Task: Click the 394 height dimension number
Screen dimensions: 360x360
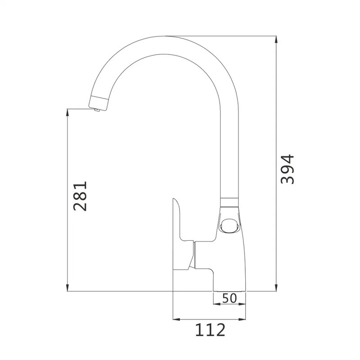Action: (288, 170)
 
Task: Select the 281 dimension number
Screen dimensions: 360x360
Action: (80, 196)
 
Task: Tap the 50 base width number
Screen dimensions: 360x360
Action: (229, 298)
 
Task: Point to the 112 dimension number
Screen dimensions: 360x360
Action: (210, 330)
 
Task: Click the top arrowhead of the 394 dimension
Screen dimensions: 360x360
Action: (276, 40)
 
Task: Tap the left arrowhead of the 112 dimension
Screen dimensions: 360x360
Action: (176, 319)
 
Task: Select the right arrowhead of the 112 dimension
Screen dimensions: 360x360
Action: (242, 319)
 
